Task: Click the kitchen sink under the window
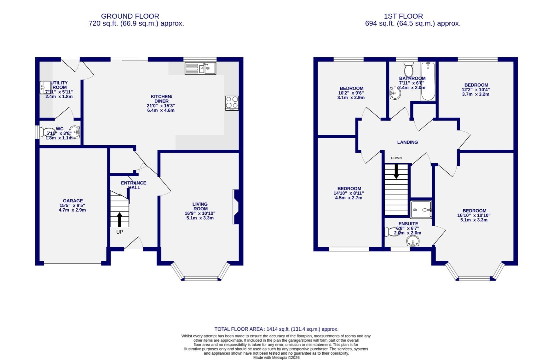tap(200, 69)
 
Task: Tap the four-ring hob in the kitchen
tap(232, 103)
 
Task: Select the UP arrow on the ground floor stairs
tap(119, 220)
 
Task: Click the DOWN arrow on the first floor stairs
tap(396, 171)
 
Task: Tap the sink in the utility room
tap(44, 87)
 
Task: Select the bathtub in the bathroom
tap(428, 81)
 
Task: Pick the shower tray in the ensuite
tap(421, 210)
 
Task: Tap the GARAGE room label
tap(73, 201)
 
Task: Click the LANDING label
tap(407, 142)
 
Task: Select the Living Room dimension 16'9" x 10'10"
tap(200, 213)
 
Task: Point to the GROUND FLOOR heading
tap(130, 16)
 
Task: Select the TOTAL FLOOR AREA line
tap(276, 329)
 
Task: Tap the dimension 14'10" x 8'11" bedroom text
tap(349, 193)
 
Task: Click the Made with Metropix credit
tap(276, 357)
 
